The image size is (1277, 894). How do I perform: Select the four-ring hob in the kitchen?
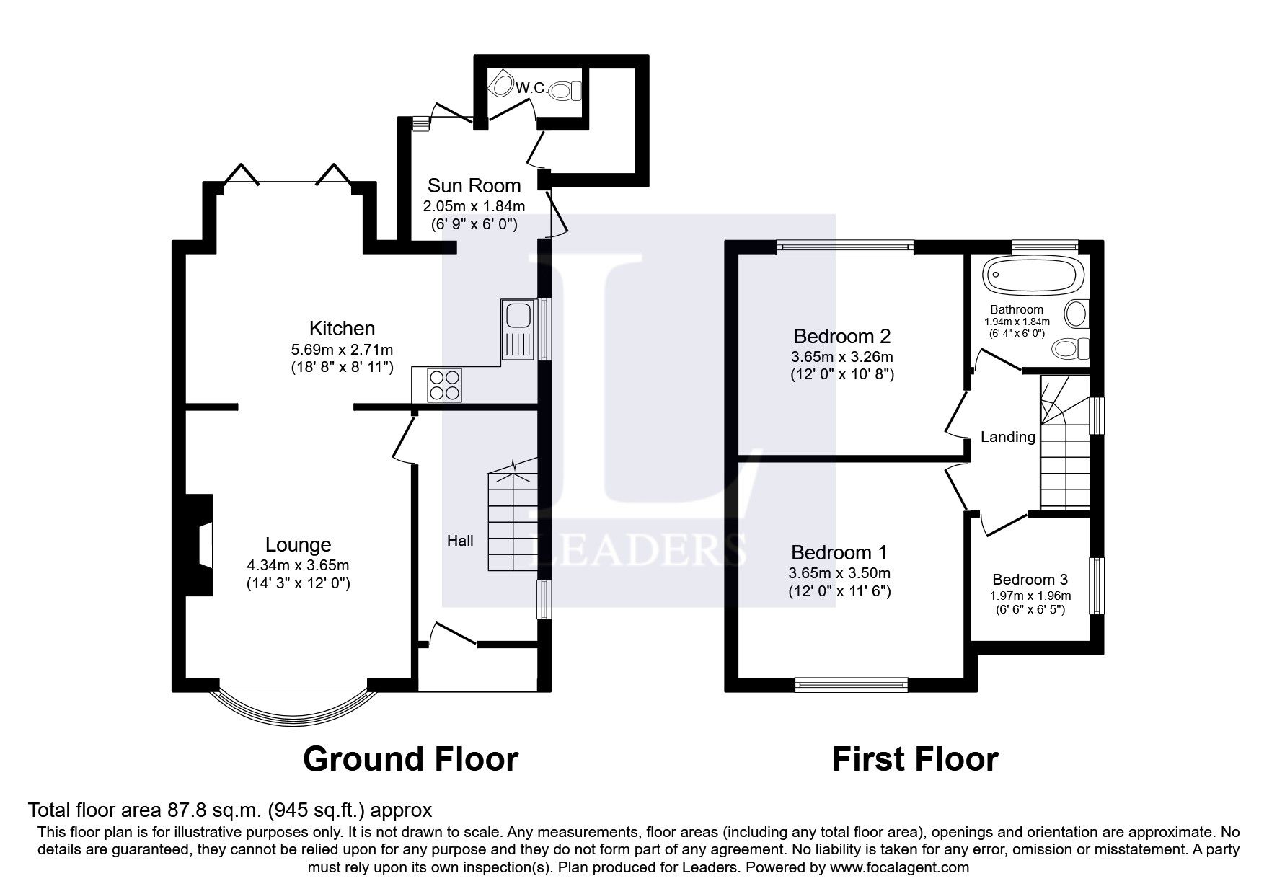coord(445,385)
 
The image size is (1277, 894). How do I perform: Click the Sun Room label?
coord(474,185)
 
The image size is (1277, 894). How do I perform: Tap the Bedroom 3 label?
coord(1029,580)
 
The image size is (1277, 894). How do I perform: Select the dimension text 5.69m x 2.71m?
coord(342,349)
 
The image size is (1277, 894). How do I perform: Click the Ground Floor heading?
coord(410,759)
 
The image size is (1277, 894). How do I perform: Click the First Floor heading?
coord(914,759)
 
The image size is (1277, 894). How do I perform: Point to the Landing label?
coord(1007,437)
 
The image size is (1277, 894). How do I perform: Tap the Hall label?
coord(460,540)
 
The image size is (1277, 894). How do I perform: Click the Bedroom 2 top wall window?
coord(845,247)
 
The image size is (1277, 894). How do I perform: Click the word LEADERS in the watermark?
coord(637,550)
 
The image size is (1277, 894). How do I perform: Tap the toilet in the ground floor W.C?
coord(565,91)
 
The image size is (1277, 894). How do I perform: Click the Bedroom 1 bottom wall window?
coord(851,684)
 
